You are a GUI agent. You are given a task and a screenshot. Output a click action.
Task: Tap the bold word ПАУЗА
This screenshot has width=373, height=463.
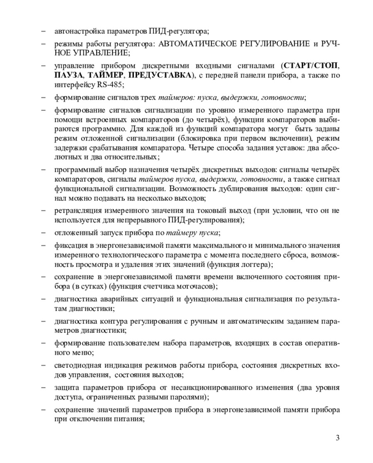pos(69,75)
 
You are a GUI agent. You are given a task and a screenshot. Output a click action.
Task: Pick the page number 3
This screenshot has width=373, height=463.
pos(337,438)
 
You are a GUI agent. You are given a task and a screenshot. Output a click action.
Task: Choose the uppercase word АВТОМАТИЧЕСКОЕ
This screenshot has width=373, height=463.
pos(194,43)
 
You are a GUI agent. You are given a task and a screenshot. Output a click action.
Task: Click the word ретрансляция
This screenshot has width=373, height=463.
pos(75,211)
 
